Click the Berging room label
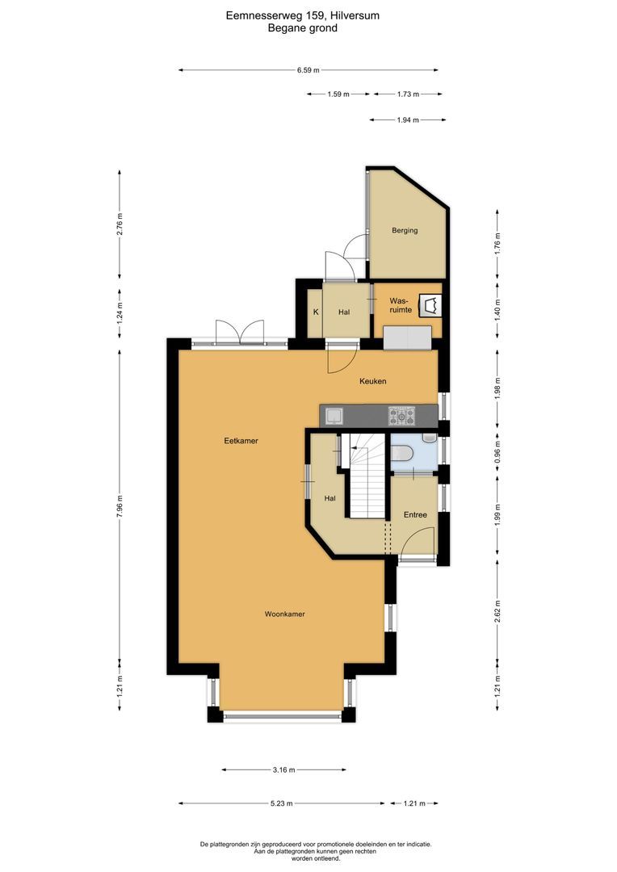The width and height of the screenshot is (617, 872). coord(405,231)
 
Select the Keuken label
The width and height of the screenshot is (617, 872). coord(373,381)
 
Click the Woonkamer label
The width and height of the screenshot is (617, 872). coord(284,614)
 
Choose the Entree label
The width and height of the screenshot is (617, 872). coord(415,514)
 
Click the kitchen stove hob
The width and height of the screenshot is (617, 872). coord(401,416)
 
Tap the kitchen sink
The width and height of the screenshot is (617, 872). coord(334,416)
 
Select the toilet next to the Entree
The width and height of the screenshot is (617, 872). coord(404,454)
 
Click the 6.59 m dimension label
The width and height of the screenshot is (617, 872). coord(304,70)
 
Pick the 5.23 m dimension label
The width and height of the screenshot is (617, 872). coord(282,803)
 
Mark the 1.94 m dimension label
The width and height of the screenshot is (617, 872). coord(409,120)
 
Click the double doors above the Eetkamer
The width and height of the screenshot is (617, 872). coord(240,332)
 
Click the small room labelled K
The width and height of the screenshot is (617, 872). coord(316,312)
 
